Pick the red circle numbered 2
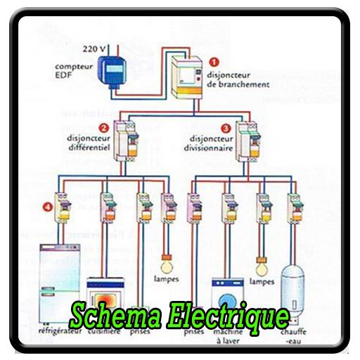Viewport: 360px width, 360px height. click(x=103, y=128)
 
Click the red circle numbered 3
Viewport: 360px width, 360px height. click(x=225, y=129)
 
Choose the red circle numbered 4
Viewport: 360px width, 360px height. click(x=47, y=207)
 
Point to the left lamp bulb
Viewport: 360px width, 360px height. click(x=168, y=266)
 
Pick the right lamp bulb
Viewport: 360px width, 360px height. click(x=262, y=266)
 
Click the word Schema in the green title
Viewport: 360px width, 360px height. click(x=115, y=316)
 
